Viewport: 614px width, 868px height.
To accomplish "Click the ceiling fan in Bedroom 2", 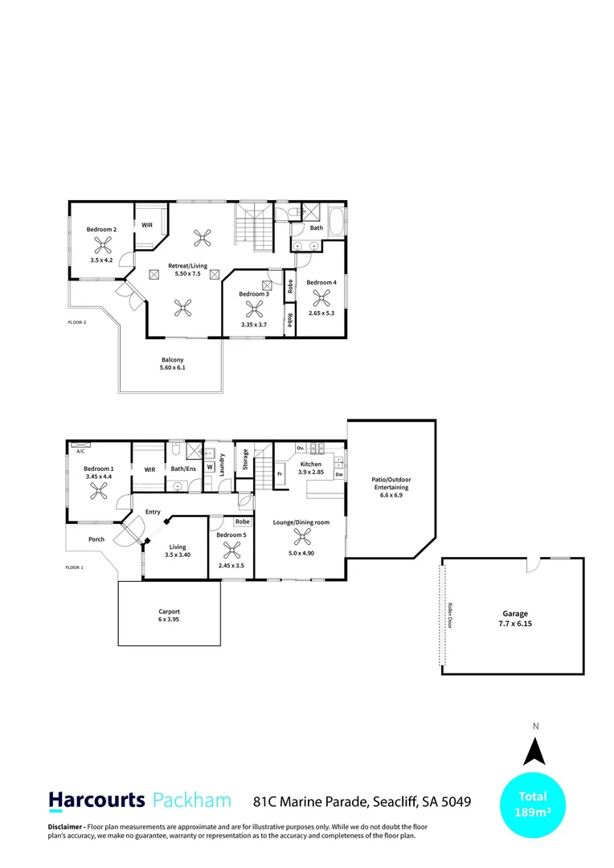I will (102, 245).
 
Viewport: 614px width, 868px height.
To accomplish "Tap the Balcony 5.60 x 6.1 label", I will (173, 363).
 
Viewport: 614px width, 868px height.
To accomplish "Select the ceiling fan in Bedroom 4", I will (322, 297).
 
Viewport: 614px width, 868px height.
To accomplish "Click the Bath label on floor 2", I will (317, 228).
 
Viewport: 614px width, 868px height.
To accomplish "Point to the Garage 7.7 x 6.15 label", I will (515, 618).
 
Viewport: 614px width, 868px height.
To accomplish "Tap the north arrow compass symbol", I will (535, 752).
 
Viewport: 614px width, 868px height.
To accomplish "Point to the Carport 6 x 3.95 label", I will (169, 616).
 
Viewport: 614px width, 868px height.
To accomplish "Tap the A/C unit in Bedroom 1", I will (80, 444).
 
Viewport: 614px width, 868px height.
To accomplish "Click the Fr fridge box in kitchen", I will (280, 474).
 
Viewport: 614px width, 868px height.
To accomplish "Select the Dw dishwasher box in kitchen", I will (339, 475).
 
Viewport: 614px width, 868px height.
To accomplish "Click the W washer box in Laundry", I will (209, 465).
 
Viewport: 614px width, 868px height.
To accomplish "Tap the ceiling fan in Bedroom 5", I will (231, 550).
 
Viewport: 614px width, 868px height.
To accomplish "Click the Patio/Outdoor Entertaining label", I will (391, 486).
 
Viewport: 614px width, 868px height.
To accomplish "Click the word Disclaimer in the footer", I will (63, 826).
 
